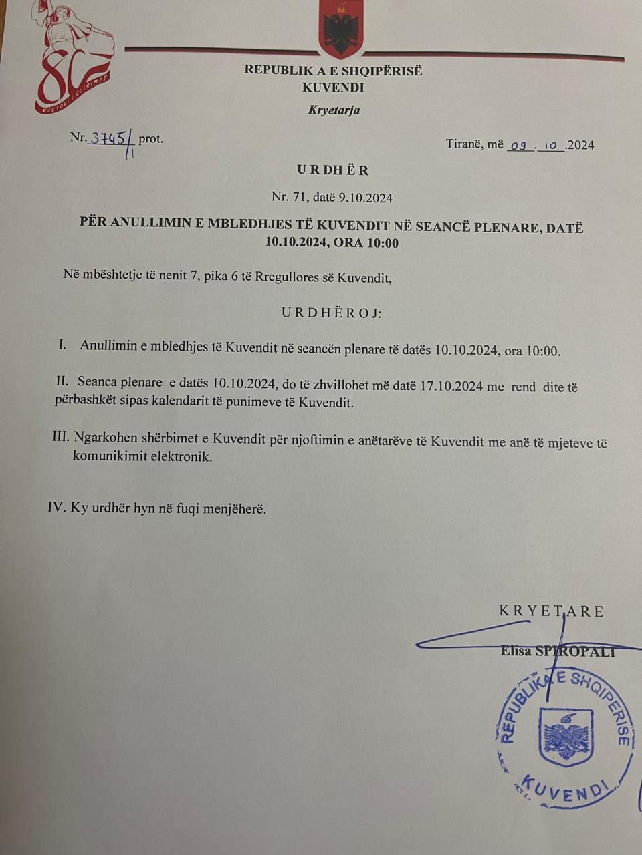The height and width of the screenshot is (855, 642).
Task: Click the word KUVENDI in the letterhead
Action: [333, 88]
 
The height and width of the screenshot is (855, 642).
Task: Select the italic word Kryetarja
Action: [334, 110]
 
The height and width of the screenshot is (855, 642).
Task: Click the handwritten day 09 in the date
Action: [520, 145]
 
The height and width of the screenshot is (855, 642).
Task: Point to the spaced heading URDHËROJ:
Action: [331, 313]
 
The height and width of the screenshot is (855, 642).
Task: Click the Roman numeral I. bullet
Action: [64, 346]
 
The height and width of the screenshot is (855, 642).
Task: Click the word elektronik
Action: [180, 458]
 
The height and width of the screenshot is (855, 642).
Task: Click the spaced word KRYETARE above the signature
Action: [551, 611]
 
